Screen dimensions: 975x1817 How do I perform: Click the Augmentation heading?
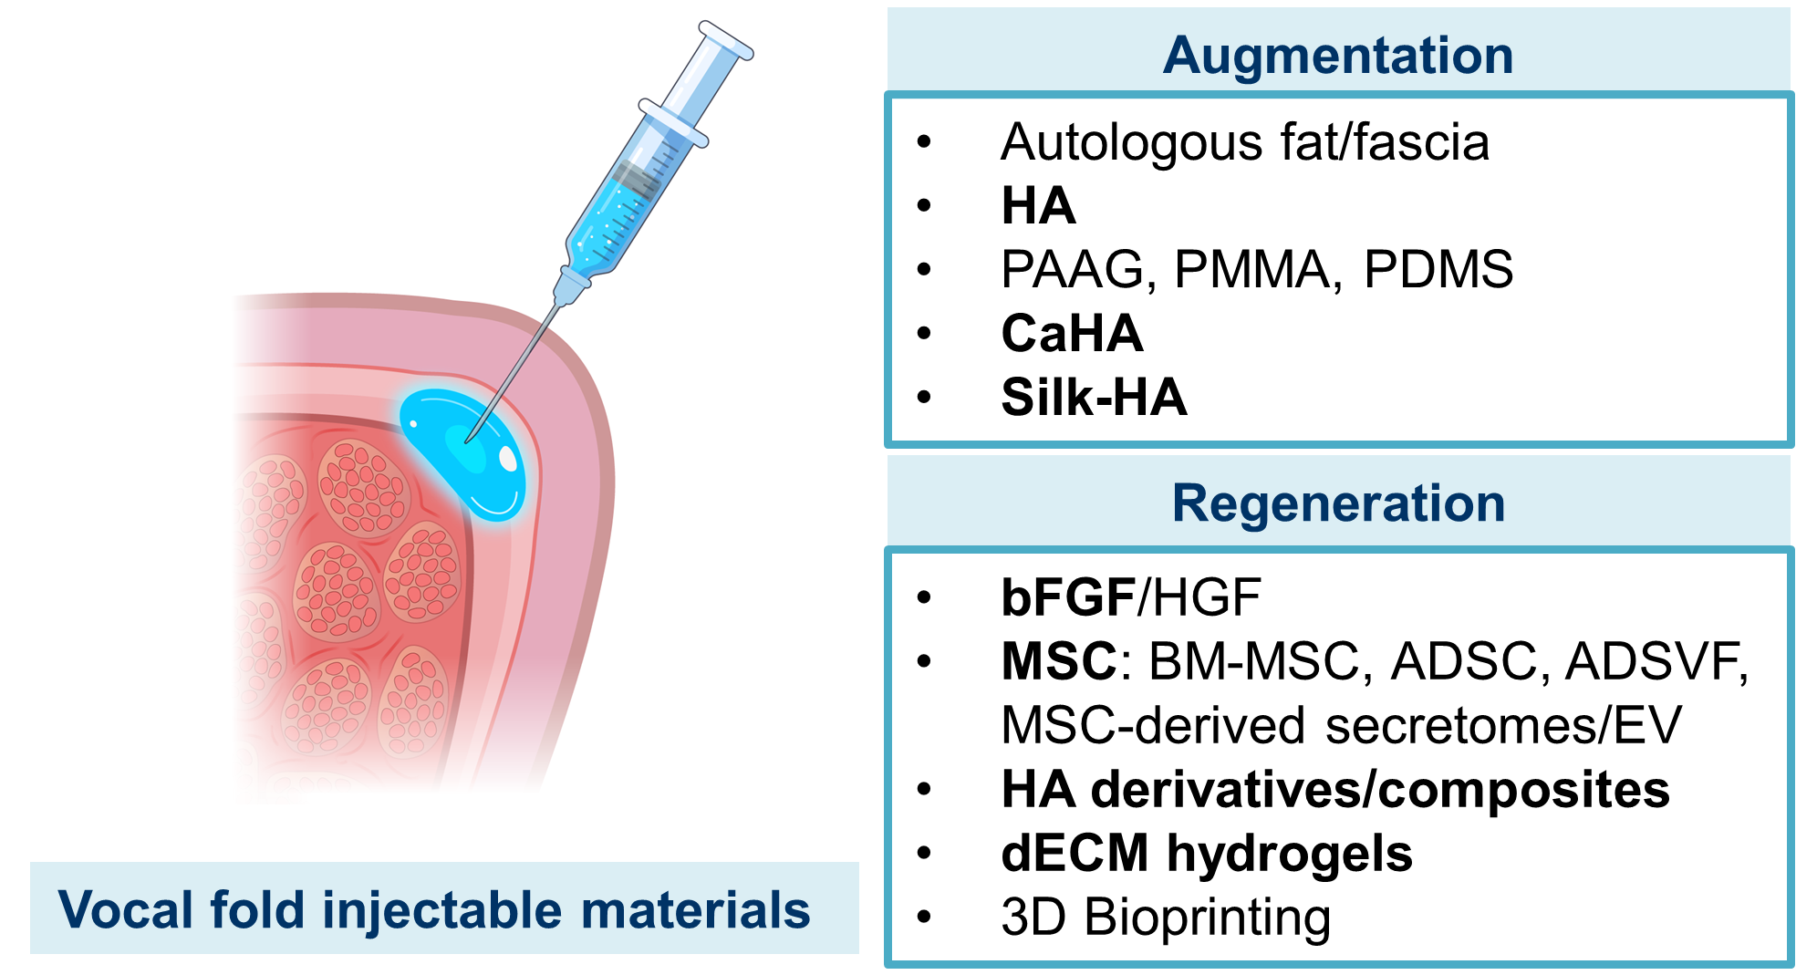[1337, 56]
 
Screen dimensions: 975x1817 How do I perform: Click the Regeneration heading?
[1337, 503]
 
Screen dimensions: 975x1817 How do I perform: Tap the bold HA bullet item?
[1038, 206]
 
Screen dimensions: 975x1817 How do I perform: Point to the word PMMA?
[1256, 270]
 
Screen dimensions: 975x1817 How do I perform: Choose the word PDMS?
[1438, 270]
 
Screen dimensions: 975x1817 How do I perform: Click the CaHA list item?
[1072, 334]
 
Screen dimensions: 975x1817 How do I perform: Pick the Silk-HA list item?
[1094, 398]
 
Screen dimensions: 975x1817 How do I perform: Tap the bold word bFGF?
[1068, 597]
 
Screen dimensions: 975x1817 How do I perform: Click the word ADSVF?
[1656, 661]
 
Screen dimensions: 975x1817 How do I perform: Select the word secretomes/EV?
[1502, 726]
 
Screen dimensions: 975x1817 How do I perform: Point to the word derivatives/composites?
[1380, 790]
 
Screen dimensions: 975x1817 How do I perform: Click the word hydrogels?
[1289, 854]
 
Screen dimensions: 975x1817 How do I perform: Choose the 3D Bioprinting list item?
[1165, 918]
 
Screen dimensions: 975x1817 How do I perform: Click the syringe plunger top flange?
[726, 40]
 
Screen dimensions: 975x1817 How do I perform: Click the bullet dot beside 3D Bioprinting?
[924, 917]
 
